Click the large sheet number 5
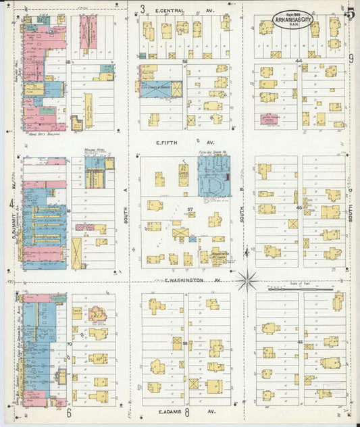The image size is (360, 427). point(350,12)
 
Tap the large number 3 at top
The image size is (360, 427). point(143,9)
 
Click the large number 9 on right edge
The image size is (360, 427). point(351,59)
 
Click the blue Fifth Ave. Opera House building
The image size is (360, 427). point(213,176)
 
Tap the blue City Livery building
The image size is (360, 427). point(161,89)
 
